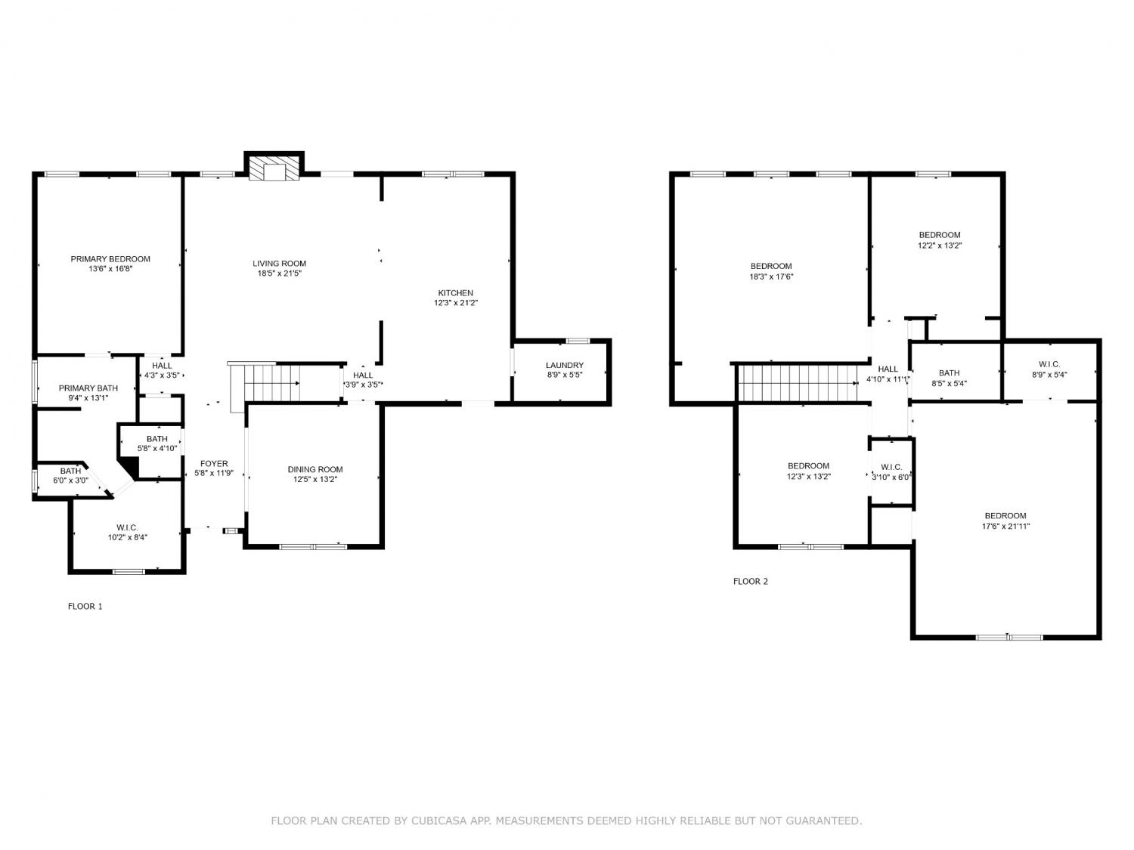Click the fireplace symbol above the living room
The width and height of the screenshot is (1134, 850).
coord(274,165)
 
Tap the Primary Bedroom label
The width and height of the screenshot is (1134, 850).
coord(110,259)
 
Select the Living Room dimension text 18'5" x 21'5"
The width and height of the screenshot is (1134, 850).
coord(280,274)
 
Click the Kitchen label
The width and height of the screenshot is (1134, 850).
coord(456,293)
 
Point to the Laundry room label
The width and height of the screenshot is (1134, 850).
coord(565,366)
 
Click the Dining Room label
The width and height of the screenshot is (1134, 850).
coord(315,470)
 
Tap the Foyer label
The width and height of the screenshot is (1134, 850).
coord(214,464)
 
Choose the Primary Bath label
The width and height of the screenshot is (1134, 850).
coord(88,388)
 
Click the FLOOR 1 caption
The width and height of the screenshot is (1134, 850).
coord(85,607)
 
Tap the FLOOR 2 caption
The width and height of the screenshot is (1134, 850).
coord(751,582)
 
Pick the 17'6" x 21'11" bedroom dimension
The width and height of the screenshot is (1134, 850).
coord(1006,527)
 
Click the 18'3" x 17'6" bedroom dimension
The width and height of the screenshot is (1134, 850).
coord(771,277)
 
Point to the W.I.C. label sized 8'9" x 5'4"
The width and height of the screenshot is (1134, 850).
coord(1049,365)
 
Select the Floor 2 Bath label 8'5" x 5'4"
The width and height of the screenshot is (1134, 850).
coord(950,373)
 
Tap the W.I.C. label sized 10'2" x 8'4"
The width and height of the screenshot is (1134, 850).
coord(127,528)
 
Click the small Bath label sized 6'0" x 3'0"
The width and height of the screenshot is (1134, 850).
coord(71,471)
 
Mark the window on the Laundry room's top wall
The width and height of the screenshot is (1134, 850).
coord(578,342)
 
